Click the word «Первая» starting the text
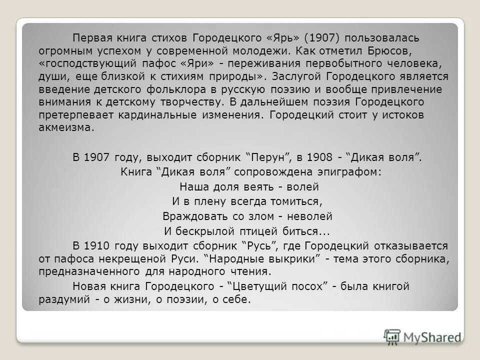coord(90,38)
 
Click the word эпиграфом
coord(351,172)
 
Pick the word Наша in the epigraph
coord(191,187)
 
